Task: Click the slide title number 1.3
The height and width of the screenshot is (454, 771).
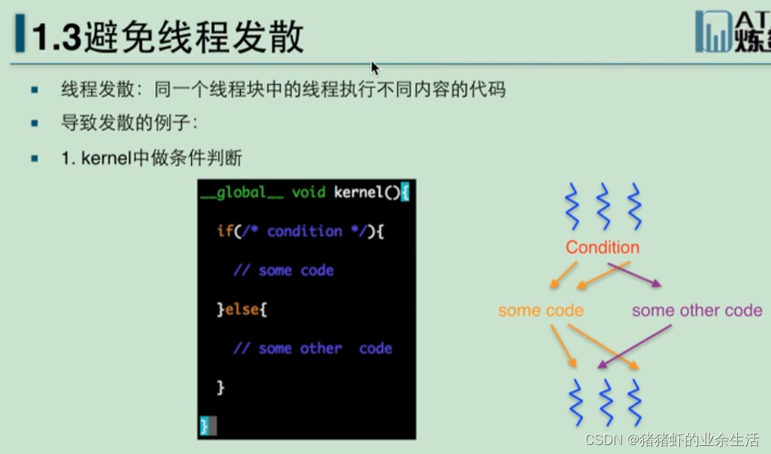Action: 56,38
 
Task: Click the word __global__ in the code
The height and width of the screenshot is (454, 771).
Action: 242,192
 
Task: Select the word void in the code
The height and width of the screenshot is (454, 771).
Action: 308,192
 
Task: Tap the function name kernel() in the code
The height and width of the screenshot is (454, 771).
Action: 367,192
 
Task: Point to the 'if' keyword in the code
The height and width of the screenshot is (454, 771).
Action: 225,231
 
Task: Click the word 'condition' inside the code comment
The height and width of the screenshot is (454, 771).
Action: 305,232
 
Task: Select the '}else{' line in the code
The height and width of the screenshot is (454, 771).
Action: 242,310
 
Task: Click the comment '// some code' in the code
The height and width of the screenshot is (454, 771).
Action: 284,271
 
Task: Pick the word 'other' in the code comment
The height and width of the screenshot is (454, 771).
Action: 320,348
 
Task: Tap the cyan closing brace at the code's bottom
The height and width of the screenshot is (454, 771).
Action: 204,426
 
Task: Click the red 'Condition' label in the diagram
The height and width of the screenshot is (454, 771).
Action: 603,247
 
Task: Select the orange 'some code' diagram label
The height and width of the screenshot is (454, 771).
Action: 541,310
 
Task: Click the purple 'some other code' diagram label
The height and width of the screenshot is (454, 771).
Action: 697,310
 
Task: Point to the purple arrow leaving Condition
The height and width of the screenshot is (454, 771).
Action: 634,274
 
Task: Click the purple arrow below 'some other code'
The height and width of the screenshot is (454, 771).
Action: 634,347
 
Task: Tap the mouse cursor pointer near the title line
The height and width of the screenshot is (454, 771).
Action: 375,68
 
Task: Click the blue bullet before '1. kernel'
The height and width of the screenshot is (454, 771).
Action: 35,158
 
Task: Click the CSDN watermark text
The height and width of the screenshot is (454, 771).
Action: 672,439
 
